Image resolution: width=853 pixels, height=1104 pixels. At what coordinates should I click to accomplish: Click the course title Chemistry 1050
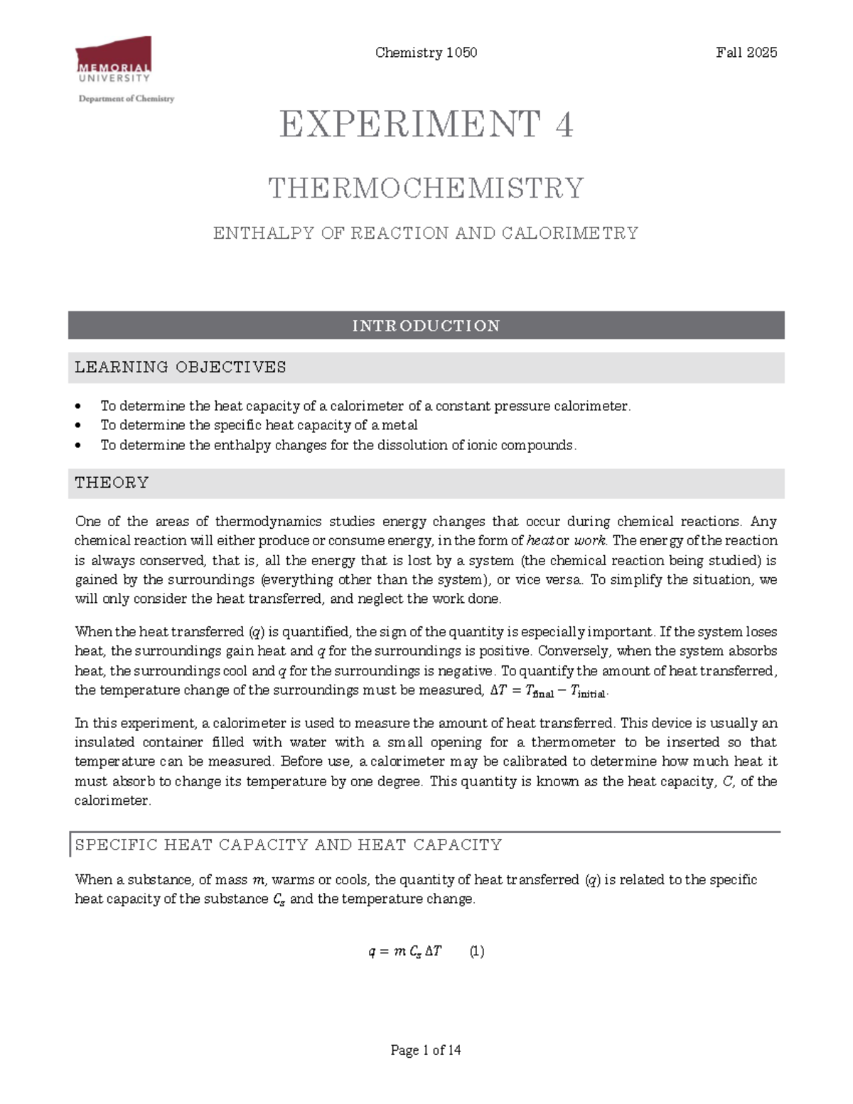click(426, 53)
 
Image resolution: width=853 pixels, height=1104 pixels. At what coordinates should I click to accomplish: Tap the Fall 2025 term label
click(746, 53)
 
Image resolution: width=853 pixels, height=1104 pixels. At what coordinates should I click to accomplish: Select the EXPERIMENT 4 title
click(426, 125)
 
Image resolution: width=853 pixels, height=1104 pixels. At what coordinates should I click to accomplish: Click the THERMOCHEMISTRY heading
click(426, 188)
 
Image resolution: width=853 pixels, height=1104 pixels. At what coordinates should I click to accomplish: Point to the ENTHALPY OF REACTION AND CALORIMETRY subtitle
click(426, 233)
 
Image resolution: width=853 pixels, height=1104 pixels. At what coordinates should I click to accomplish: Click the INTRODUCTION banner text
click(426, 326)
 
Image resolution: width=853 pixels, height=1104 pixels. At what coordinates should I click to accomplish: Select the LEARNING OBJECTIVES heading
click(181, 368)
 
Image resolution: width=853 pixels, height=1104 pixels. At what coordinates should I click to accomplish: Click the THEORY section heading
click(112, 483)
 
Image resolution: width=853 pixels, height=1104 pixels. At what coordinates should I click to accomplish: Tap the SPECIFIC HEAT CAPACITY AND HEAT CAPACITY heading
click(288, 845)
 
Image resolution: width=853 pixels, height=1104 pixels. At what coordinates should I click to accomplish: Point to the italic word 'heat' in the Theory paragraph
click(540, 540)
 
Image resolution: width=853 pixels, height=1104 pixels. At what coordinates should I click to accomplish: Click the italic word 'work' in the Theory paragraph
click(589, 540)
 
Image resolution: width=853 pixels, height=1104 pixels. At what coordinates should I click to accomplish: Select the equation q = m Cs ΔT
click(405, 951)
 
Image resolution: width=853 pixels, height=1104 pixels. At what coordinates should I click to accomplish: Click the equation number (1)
click(477, 951)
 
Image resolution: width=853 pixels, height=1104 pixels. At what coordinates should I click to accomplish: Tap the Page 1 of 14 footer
click(426, 1050)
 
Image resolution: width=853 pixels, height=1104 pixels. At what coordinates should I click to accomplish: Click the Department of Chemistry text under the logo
click(126, 99)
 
